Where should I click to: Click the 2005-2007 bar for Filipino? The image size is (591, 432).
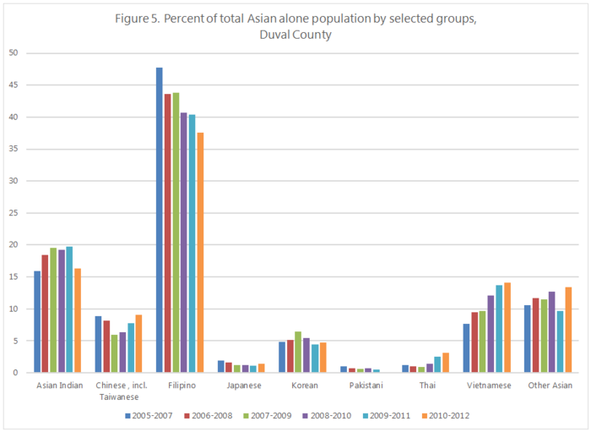click(x=160, y=220)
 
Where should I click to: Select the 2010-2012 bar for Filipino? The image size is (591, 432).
click(x=200, y=253)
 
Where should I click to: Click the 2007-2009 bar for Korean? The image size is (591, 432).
click(x=297, y=352)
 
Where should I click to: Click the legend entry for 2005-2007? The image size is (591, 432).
click(x=149, y=415)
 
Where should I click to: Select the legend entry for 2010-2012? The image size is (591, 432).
click(x=447, y=415)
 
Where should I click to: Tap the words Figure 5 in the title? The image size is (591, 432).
click(x=138, y=19)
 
